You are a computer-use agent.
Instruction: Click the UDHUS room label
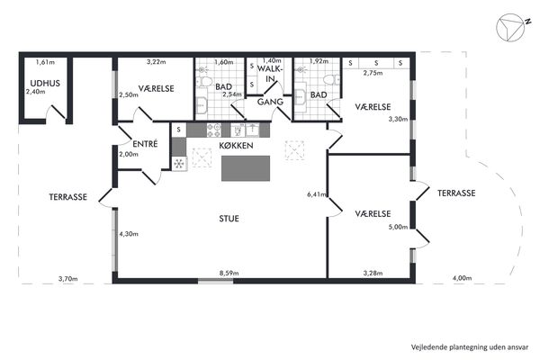pos(45,83)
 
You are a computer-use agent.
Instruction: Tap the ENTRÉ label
pos(145,144)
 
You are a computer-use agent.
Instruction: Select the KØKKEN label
pos(236,146)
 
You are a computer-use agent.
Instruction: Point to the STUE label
pos(229,219)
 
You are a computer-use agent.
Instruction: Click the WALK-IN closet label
pos(270,74)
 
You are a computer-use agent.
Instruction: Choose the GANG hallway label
pos(270,102)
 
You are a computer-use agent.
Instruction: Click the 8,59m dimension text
pos(229,273)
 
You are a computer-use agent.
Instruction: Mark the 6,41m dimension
pos(317,194)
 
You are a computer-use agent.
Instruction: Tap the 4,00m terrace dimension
pos(463,278)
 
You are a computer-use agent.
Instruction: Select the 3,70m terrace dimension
pos(67,278)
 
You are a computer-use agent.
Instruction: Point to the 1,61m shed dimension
pos(45,62)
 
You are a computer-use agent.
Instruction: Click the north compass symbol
pos(510,27)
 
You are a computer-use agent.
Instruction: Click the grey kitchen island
pos(246,168)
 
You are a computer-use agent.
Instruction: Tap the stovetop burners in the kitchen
pos(214,130)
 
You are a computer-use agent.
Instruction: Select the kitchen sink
pos(252,130)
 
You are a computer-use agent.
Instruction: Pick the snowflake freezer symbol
pos(179,164)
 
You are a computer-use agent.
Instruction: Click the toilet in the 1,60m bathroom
pos(205,81)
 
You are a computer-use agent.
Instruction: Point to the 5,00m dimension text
pos(398,227)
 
